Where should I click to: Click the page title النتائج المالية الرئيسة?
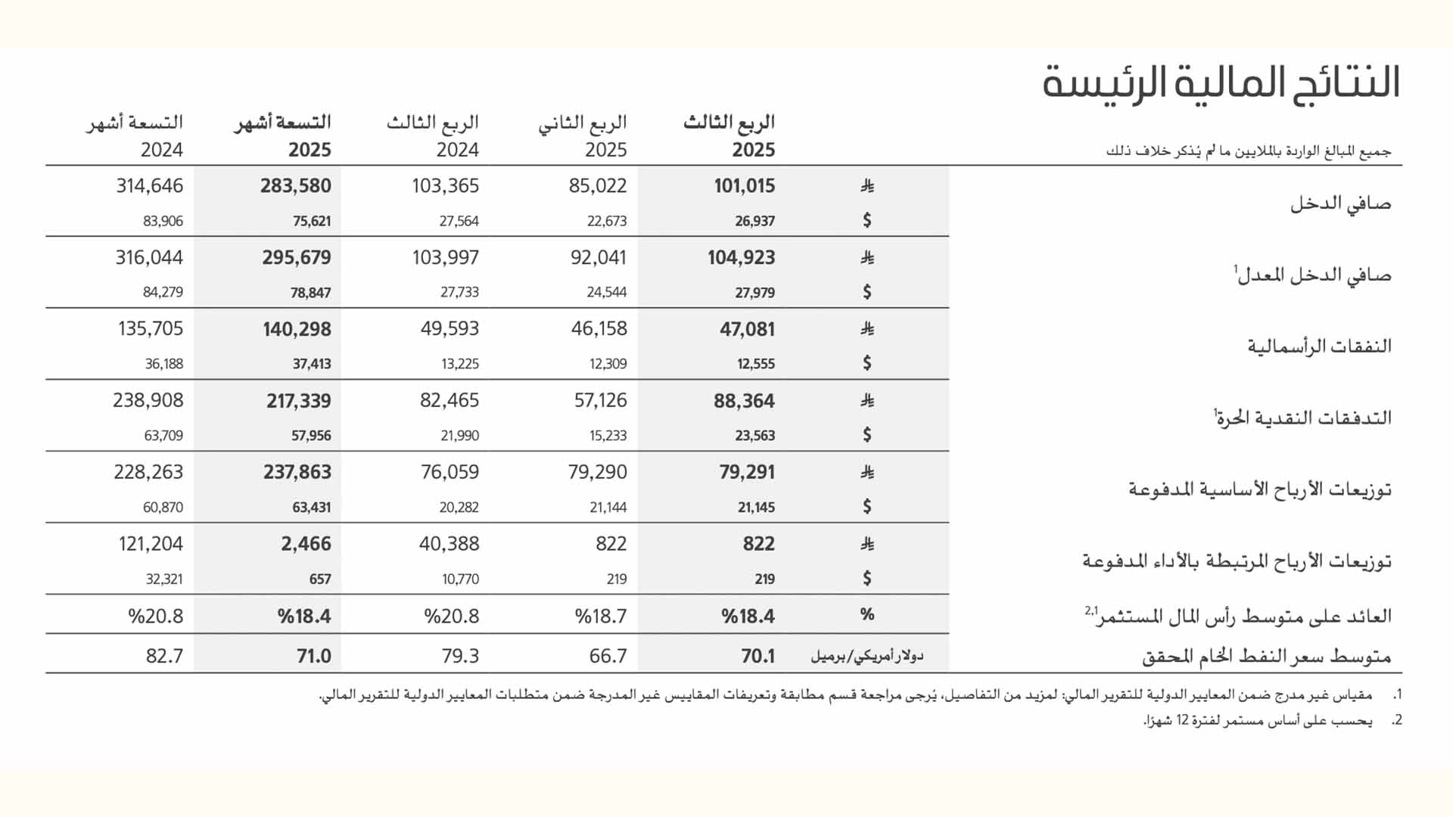coord(1221,82)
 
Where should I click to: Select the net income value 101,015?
coord(744,186)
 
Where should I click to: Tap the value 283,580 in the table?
coord(295,186)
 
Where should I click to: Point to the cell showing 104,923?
coord(741,258)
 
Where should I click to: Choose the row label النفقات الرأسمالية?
coord(1319,346)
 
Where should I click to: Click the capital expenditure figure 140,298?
coord(297,329)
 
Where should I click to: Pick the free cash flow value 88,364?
coord(744,401)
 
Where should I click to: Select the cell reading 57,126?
coord(600,400)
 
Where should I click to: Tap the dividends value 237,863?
coord(297,472)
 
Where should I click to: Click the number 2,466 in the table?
coord(306,544)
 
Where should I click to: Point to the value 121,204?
coord(151,544)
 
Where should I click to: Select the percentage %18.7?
coord(600,617)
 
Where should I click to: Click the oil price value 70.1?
coord(758,656)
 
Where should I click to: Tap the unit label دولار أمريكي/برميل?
coord(867,656)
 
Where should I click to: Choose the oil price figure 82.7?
coord(164,656)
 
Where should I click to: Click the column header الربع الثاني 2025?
coord(583,136)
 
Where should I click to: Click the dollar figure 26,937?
coord(755,221)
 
